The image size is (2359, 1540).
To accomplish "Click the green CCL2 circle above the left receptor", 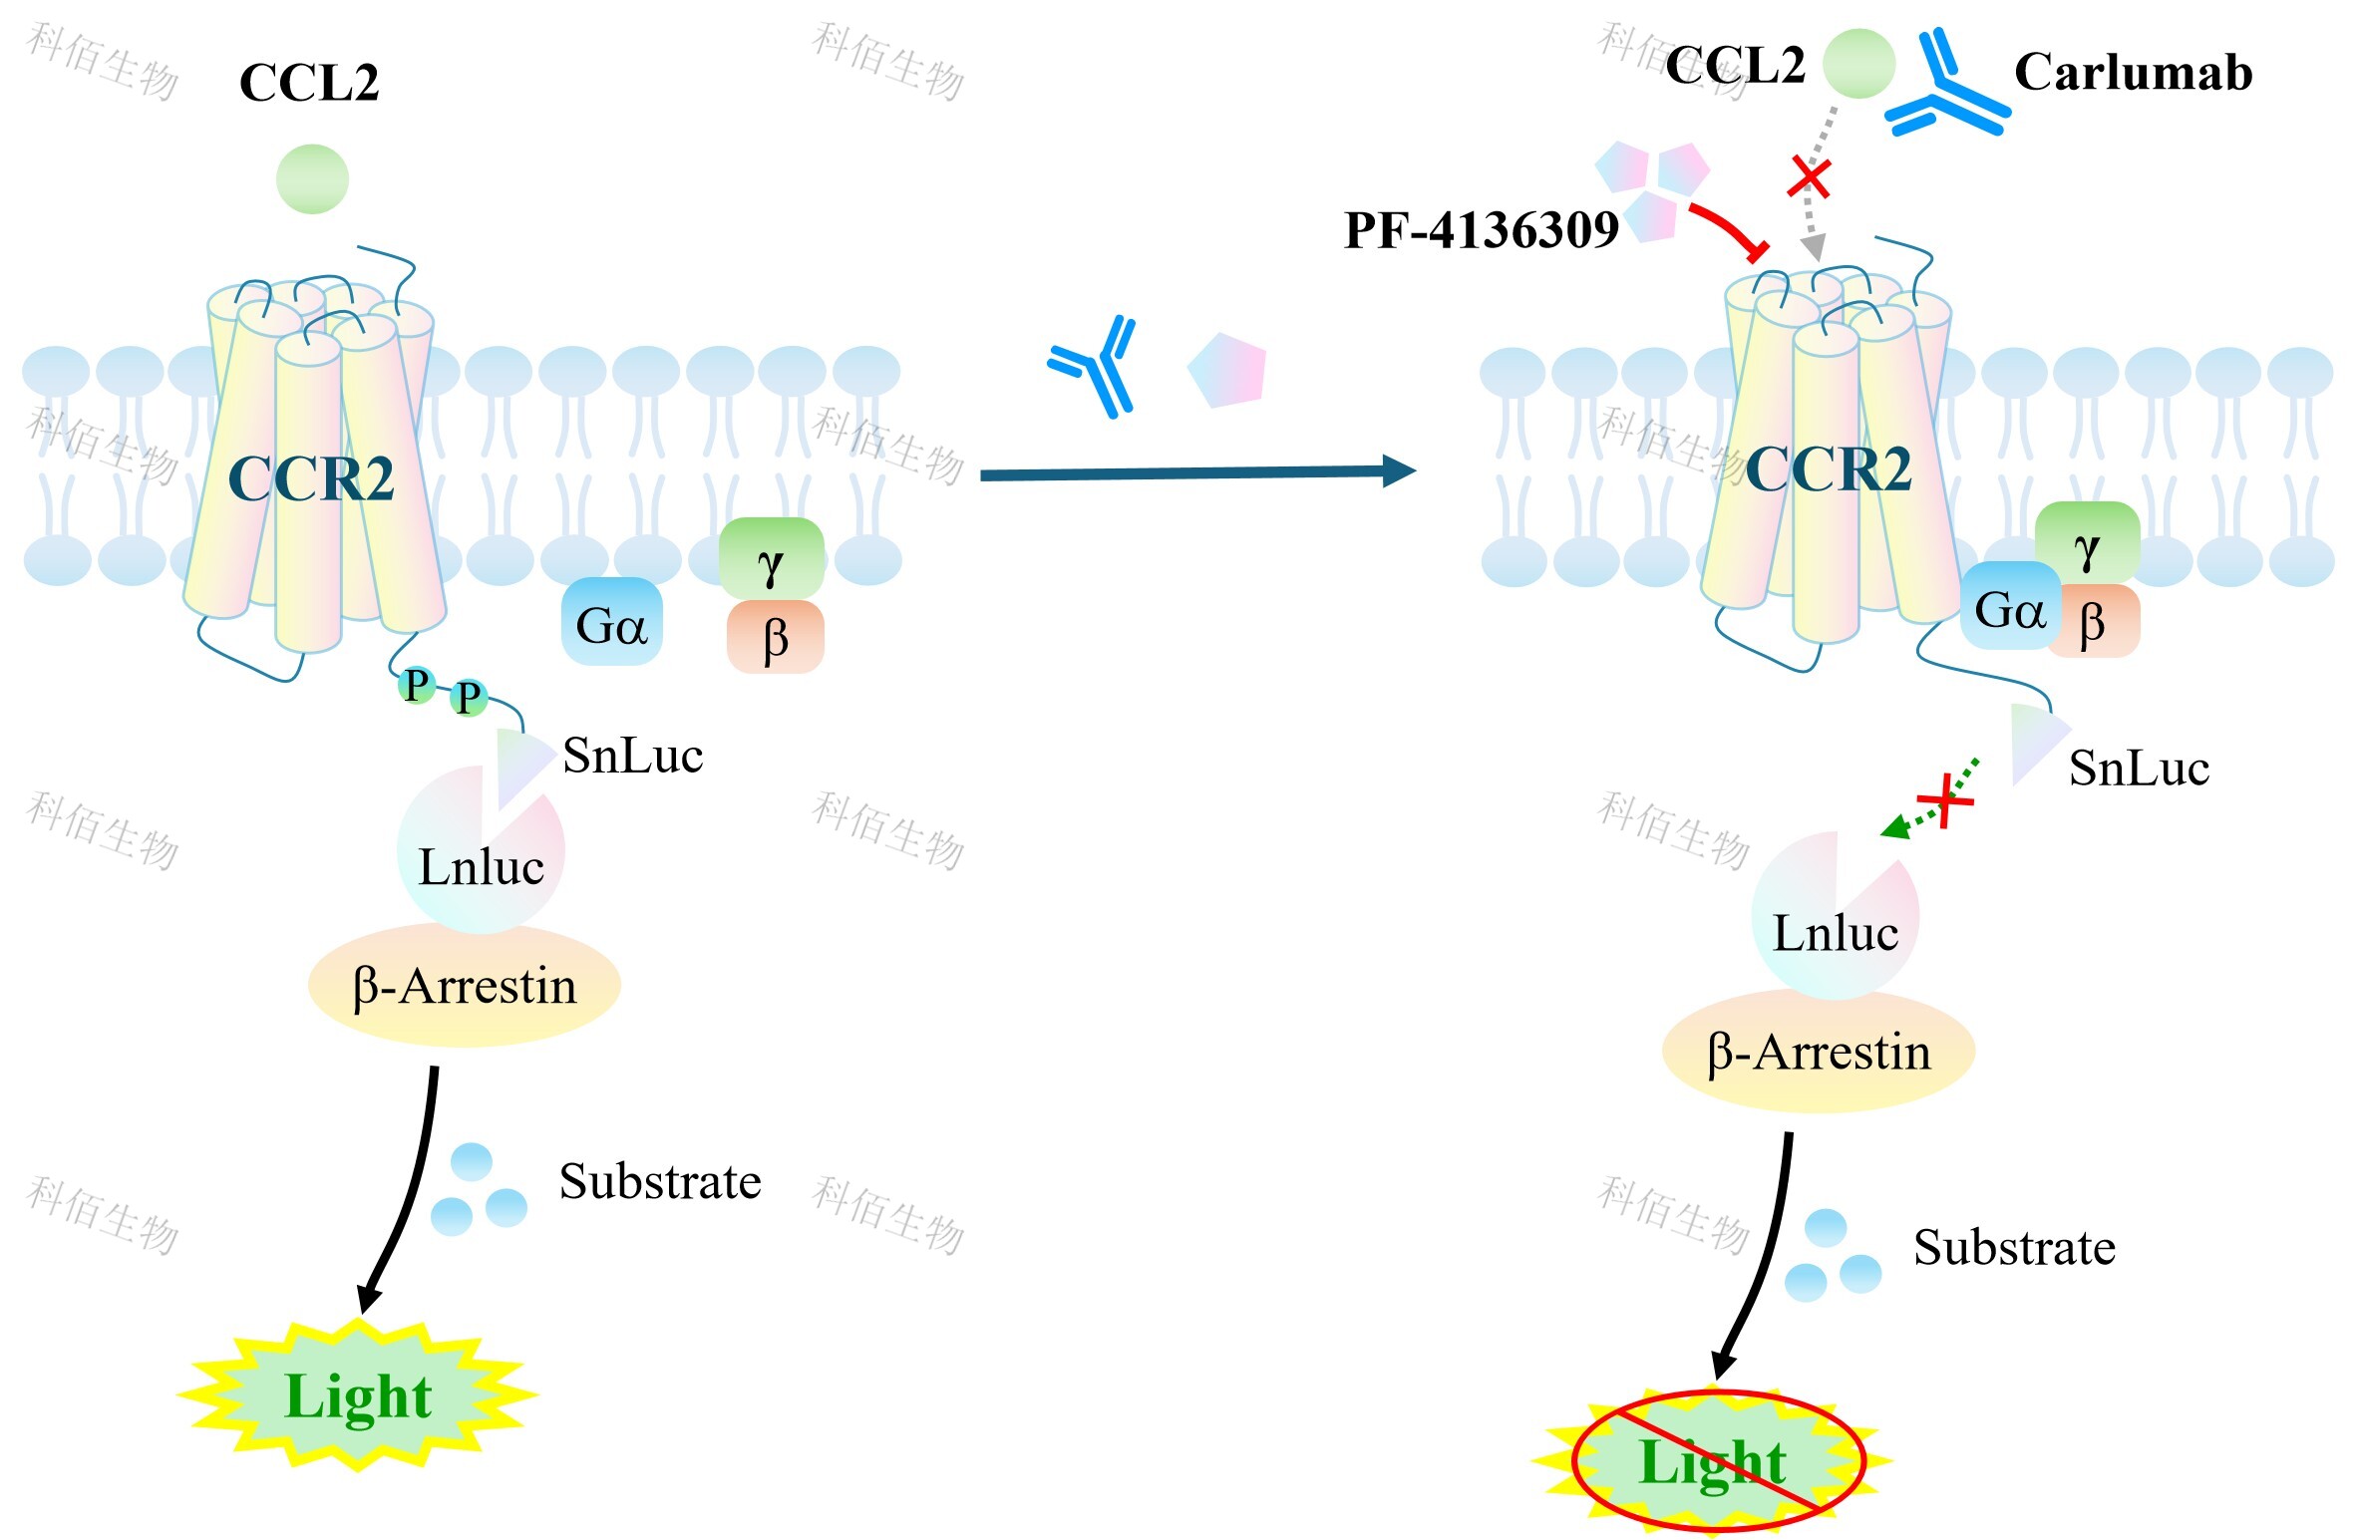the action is [312, 179].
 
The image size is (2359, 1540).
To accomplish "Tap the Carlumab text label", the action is [2133, 73].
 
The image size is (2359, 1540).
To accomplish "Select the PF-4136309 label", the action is [1481, 230].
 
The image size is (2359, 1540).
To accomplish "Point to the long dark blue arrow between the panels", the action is [1198, 472].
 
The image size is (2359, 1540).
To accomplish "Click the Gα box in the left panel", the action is [612, 622].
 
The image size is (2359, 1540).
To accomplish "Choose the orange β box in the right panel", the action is [2093, 621].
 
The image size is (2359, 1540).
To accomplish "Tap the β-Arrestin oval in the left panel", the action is [465, 985].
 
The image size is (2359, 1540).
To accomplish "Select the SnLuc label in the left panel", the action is [633, 756].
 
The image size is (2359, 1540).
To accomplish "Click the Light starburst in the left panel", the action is [358, 1395].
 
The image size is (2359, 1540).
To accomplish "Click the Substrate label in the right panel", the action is [2014, 1247].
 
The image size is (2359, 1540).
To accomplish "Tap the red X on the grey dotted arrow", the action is [1809, 177].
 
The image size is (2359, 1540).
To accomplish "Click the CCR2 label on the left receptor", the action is [311, 478].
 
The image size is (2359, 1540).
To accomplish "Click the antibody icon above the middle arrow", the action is [1093, 366].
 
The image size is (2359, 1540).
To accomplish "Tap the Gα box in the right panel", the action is [2010, 607].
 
